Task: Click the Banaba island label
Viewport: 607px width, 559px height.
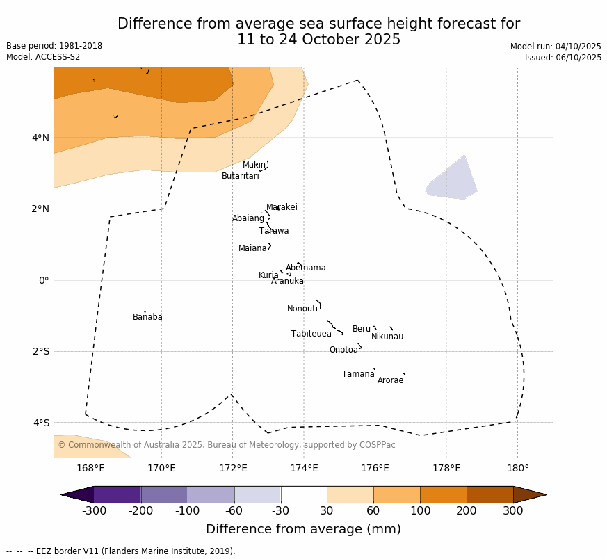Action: [147, 317]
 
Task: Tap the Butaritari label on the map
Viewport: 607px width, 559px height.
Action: [240, 176]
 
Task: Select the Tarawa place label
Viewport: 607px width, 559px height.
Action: [274, 231]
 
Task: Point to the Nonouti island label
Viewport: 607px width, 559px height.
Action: [302, 309]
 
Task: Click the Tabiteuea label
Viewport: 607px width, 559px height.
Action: [311, 334]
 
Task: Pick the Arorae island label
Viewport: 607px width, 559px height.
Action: [390, 380]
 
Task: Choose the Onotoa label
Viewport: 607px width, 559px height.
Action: [343, 350]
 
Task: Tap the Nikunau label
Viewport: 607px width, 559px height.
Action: [387, 337]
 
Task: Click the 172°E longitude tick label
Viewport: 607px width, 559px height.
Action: [233, 468]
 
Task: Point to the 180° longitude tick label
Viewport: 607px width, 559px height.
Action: [517, 468]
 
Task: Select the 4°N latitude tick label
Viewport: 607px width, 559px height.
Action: [40, 138]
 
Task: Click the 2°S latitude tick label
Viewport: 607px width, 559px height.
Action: [40, 351]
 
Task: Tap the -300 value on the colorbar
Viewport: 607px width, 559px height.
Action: [94, 511]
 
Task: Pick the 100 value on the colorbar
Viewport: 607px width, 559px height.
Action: [420, 511]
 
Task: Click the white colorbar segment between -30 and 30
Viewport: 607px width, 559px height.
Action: [304, 494]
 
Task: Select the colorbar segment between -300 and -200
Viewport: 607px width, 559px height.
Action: [118, 494]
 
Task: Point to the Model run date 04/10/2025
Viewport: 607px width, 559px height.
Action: [556, 47]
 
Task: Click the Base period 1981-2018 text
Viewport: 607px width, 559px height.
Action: [54, 46]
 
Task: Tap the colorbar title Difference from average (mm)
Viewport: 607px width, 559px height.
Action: [303, 529]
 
